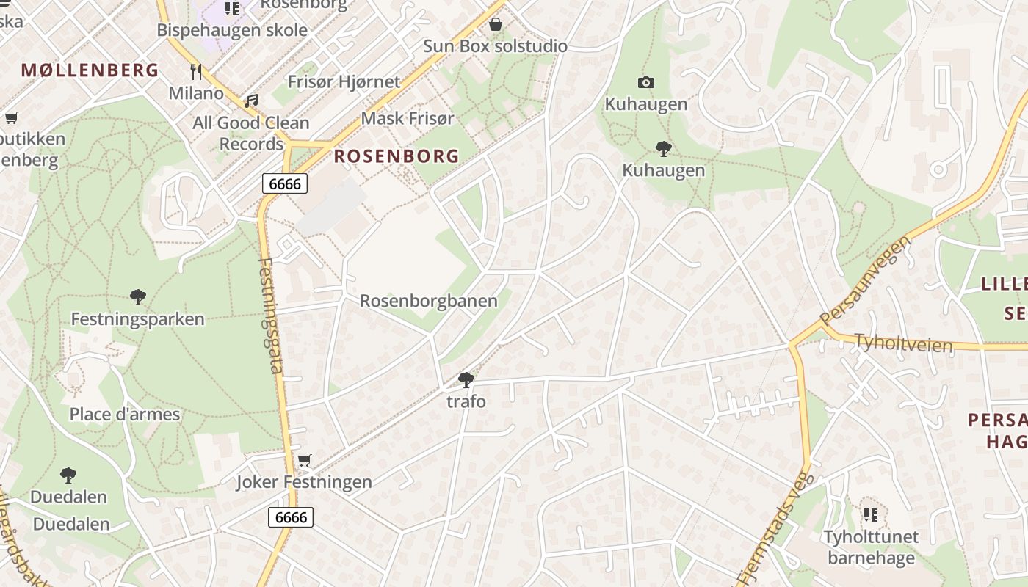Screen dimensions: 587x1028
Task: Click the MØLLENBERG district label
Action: click(90, 70)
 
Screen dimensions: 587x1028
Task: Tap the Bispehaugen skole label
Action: click(232, 30)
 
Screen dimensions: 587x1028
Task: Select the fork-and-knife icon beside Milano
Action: click(195, 71)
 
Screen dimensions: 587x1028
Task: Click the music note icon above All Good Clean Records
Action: click(251, 101)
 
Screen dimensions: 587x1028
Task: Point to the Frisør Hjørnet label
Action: click(344, 81)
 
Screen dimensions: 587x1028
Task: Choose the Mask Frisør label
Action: click(408, 118)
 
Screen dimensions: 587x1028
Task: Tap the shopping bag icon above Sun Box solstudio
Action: click(496, 24)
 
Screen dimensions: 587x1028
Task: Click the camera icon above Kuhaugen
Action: click(646, 82)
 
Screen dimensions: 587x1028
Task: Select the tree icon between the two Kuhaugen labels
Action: click(664, 149)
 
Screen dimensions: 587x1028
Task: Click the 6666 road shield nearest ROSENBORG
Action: click(285, 183)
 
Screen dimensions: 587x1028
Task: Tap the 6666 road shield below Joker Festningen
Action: click(291, 517)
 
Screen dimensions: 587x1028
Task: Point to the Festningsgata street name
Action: click(270, 316)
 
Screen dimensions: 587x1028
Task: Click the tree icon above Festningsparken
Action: click(137, 297)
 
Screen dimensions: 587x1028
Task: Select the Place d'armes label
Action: click(125, 415)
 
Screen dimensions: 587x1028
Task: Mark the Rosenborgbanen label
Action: click(428, 301)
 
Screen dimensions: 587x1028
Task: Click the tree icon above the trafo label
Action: click(466, 379)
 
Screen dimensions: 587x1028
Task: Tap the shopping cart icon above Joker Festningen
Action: click(304, 460)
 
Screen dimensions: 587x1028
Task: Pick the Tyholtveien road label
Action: click(903, 343)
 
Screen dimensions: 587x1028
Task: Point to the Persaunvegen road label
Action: click(866, 281)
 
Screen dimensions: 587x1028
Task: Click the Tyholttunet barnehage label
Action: click(871, 547)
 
